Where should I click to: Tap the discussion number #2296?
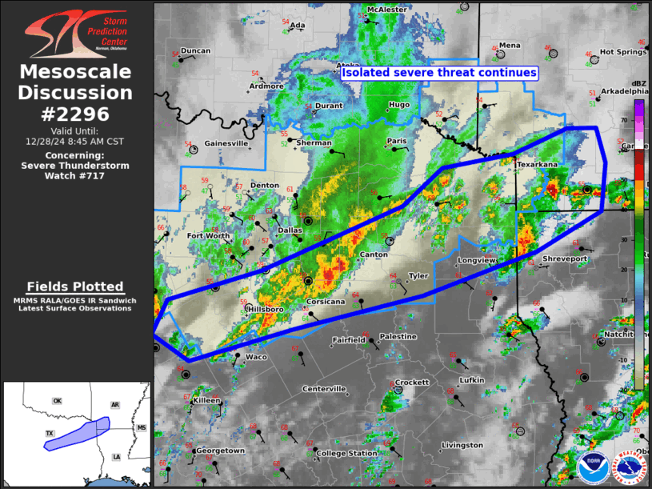point(75,114)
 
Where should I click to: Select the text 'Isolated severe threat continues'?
point(439,73)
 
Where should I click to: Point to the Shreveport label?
point(565,259)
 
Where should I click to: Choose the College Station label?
point(346,454)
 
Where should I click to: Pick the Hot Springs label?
point(623,52)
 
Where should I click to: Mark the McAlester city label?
point(387,10)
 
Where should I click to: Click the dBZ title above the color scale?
point(639,83)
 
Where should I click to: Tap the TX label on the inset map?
point(49,433)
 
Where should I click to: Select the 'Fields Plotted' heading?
point(75,287)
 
